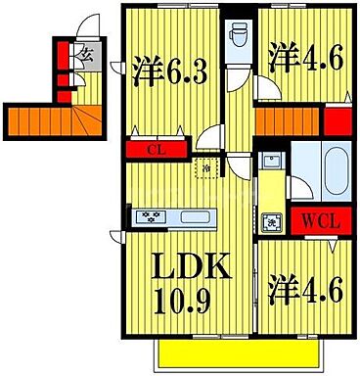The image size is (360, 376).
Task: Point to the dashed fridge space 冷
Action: coord(207,169)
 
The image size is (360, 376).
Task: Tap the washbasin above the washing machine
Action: coord(273,164)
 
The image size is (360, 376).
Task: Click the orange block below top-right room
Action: coord(288,122)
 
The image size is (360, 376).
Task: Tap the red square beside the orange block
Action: coord(337,122)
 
